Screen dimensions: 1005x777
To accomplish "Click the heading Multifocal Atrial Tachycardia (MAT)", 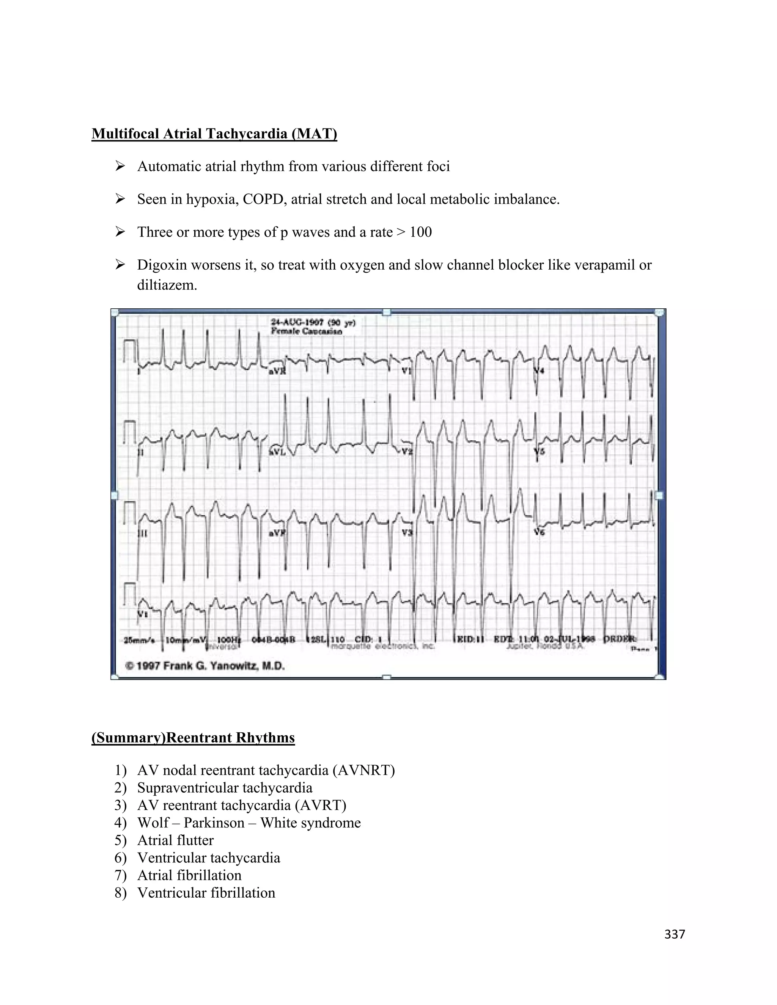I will coord(214,134).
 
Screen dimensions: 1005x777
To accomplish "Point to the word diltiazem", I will coord(167,285).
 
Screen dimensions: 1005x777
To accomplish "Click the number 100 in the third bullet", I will coord(420,232).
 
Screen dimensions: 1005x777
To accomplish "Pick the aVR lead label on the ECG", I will coord(277,371).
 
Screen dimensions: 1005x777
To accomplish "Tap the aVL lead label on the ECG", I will coord(277,453).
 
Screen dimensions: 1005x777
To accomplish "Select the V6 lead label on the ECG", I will coord(539,532).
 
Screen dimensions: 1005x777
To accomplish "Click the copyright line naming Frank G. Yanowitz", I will coord(205,666).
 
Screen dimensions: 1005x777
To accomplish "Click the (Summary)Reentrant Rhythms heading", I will coord(193,738).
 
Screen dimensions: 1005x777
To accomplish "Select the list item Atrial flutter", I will coord(175,840).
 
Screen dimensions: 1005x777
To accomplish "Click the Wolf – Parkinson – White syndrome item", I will coord(249,823).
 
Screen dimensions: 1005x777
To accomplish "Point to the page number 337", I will coord(674,934).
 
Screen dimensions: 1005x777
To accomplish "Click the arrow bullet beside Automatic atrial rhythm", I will coord(120,166).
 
